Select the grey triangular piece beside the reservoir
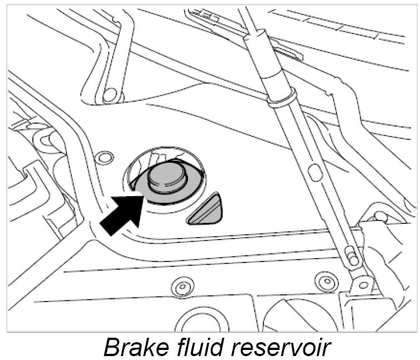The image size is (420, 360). tap(207, 210)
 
